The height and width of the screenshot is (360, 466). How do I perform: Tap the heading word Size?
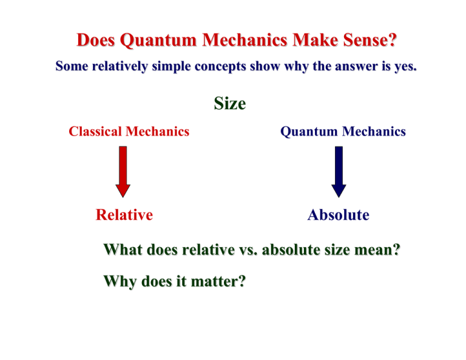point(229,104)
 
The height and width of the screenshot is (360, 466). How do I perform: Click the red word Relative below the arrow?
point(124,214)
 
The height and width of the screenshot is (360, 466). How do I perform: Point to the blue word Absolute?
point(338,214)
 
